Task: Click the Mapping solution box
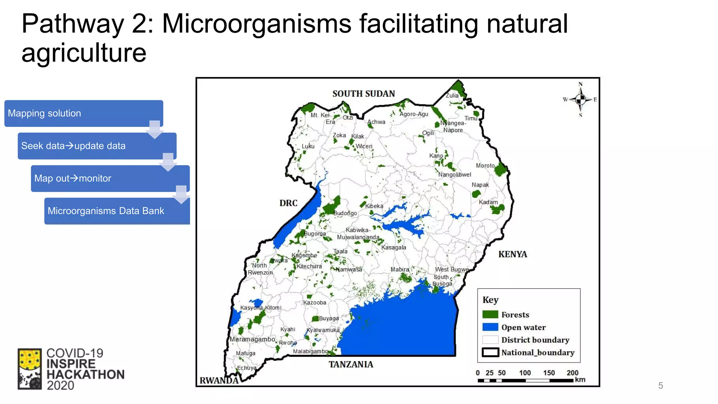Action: (x=83, y=113)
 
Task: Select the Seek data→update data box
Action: (x=97, y=146)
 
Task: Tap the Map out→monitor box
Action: (x=110, y=179)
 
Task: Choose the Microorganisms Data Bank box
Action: (x=117, y=211)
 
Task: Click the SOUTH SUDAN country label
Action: (x=364, y=94)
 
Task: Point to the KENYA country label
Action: (x=513, y=254)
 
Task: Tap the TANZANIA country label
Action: (x=351, y=364)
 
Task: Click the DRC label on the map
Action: (x=288, y=203)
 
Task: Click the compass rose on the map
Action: (x=581, y=100)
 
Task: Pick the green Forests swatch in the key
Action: (x=490, y=315)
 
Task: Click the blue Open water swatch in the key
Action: (x=490, y=327)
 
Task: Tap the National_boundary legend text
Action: (x=538, y=352)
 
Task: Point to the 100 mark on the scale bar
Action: (x=525, y=373)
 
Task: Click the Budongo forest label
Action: (x=345, y=213)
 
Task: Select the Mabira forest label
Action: (x=400, y=269)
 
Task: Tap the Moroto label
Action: (x=485, y=166)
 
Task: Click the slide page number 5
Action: (x=661, y=386)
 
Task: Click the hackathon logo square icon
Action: (x=30, y=369)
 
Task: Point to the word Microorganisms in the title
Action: (x=257, y=24)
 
